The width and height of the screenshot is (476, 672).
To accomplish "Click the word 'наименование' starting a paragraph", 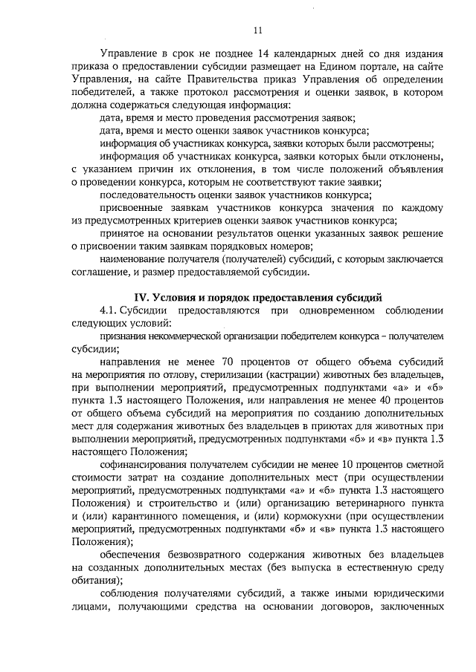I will tap(132, 260).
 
